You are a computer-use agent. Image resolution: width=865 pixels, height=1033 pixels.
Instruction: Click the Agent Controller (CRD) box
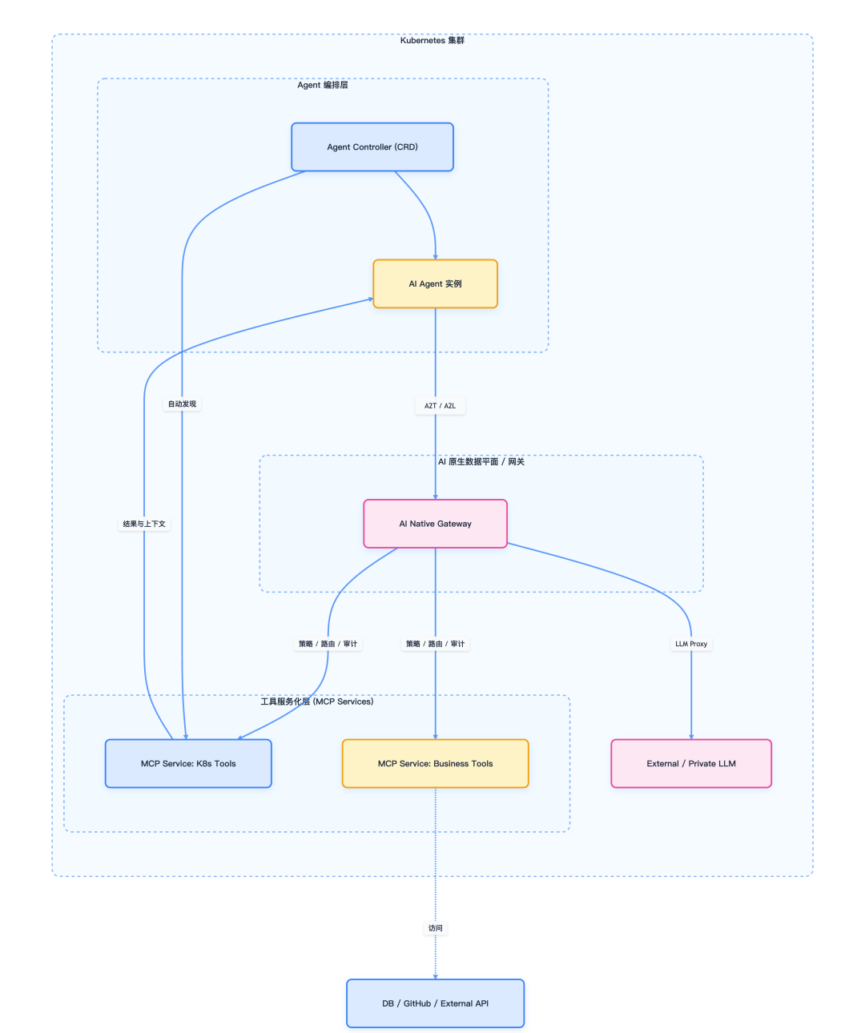pos(372,147)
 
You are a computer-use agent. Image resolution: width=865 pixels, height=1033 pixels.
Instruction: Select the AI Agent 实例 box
pos(435,284)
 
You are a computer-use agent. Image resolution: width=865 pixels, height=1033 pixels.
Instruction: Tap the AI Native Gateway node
pos(435,524)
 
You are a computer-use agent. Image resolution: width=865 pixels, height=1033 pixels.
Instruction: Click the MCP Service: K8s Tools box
pos(188,764)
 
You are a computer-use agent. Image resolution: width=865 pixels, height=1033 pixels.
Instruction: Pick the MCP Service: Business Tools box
pos(435,764)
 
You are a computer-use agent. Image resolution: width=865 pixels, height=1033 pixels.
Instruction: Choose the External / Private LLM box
pos(691,764)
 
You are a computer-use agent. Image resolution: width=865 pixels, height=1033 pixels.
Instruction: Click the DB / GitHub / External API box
pos(435,1003)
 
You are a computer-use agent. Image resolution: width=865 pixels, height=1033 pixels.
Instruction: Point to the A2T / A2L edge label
pos(440,406)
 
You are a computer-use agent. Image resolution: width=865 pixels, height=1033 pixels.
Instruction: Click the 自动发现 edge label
pos(182,404)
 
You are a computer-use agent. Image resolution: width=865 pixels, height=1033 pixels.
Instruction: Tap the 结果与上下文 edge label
pos(144,525)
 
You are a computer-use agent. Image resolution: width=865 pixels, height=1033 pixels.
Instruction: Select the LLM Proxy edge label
pos(691,644)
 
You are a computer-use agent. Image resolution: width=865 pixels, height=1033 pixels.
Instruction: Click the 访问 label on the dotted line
pos(435,928)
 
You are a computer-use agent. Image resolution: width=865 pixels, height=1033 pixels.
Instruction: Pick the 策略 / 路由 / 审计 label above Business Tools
pos(435,644)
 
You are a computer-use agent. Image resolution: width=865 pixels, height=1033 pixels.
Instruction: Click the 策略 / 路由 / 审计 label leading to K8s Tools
pos(328,644)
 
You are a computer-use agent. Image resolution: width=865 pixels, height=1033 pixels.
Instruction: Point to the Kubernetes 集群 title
pos(432,41)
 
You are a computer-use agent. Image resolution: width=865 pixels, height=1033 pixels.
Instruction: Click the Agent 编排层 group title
pos(323,86)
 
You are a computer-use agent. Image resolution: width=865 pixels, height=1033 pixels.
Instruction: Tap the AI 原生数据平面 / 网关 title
pos(481,462)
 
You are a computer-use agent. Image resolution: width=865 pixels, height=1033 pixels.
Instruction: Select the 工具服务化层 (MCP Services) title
pos(317,701)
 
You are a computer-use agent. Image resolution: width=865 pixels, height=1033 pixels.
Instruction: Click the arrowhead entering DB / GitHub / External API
pos(435,976)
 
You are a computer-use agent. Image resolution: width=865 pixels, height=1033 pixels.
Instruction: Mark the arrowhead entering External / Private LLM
pos(691,737)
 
